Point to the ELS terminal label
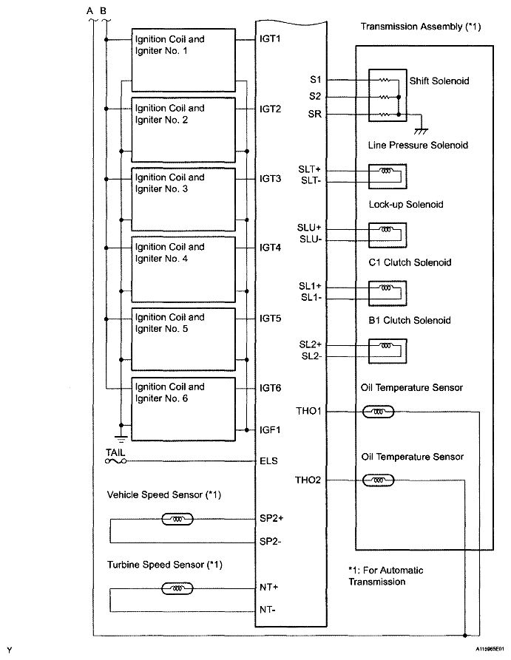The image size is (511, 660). coord(269,461)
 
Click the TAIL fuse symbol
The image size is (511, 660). coord(116,461)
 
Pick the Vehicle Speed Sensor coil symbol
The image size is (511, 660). coord(177,520)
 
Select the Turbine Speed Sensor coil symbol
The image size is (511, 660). coord(177,589)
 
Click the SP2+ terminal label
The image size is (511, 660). coord(272,519)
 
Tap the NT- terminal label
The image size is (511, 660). coord(269,610)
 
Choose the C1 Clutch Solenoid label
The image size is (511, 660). coord(409,262)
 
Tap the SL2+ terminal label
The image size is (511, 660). coord(311,344)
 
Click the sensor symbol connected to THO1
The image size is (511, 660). coord(379,411)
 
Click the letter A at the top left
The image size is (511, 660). coord(90,10)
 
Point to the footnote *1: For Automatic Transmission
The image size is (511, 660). coord(385,576)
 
